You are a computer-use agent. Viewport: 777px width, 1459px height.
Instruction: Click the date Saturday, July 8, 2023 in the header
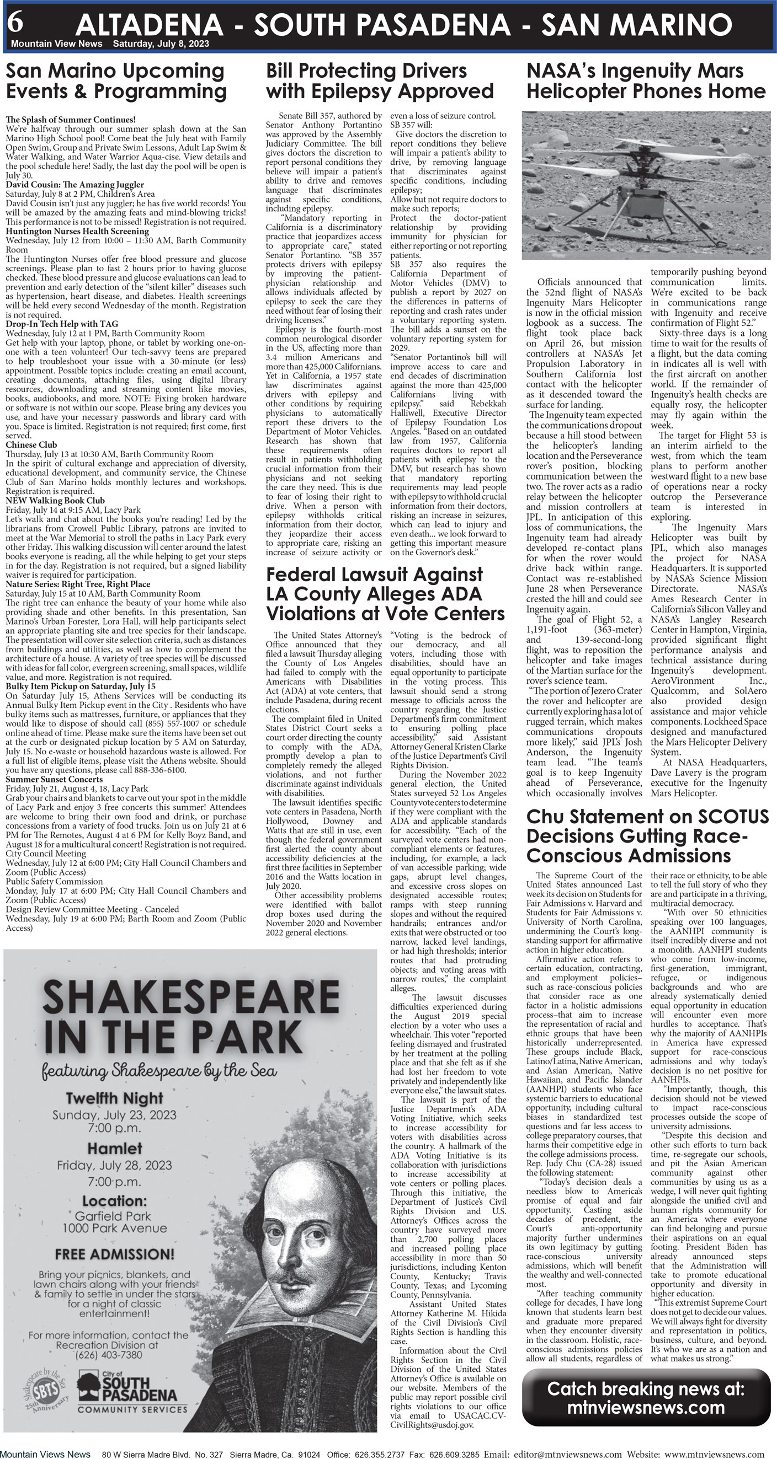click(161, 44)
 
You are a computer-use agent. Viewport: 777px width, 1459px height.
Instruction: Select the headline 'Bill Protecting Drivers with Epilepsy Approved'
click(379, 81)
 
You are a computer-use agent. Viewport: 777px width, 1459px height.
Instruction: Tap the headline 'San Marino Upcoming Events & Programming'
click(116, 81)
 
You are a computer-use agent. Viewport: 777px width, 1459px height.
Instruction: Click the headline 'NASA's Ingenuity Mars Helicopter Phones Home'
click(646, 81)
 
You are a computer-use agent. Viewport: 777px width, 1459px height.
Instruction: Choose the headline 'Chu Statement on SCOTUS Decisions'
click(647, 836)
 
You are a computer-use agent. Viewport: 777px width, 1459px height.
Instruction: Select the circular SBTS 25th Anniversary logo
click(46, 1392)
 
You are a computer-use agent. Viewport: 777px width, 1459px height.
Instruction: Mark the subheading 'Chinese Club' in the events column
click(31, 444)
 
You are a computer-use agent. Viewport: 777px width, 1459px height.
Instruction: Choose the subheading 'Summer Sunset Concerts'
click(54, 779)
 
